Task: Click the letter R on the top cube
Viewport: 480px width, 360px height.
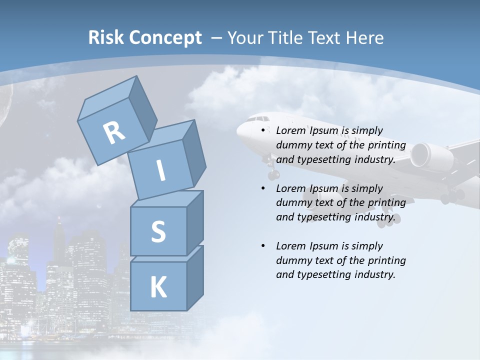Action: click(x=114, y=133)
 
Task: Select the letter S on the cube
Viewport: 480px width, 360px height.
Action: click(x=158, y=232)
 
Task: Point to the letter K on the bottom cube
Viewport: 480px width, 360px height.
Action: click(x=158, y=287)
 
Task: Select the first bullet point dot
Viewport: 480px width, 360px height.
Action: click(x=263, y=130)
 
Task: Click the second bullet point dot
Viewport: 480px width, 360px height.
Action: click(x=263, y=188)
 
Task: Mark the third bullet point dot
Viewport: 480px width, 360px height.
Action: click(x=263, y=246)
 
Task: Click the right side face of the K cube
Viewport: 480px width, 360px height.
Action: click(x=195, y=277)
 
